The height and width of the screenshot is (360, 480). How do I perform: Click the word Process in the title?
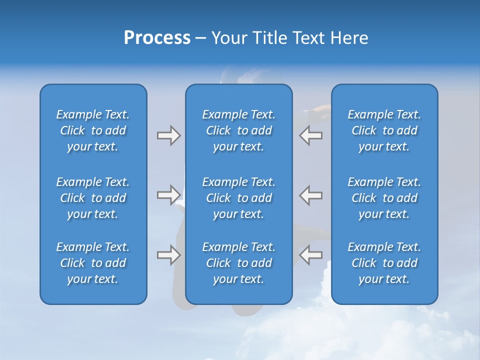pyautogui.click(x=157, y=38)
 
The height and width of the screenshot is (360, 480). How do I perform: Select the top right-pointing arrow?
pyautogui.click(x=168, y=135)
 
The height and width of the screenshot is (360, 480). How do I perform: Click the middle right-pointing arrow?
pyautogui.click(x=168, y=195)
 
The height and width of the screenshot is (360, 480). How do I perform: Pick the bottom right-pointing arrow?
pyautogui.click(x=168, y=255)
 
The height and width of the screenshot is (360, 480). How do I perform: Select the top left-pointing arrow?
pyautogui.click(x=311, y=135)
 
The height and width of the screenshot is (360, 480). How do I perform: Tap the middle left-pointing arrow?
pyautogui.click(x=311, y=195)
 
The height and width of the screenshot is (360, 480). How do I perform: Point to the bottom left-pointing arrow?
pyautogui.click(x=311, y=255)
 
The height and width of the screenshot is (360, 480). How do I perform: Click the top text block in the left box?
pyautogui.click(x=93, y=130)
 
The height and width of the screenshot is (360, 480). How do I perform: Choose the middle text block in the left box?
pyautogui.click(x=93, y=198)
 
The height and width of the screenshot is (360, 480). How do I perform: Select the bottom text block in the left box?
pyautogui.click(x=93, y=263)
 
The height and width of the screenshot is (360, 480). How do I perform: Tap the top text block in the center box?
pyautogui.click(x=238, y=130)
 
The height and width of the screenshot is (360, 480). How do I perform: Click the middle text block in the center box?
pyautogui.click(x=238, y=198)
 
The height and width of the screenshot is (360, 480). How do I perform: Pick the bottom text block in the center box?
pyautogui.click(x=238, y=263)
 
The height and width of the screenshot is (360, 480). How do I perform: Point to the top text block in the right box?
pyautogui.click(x=384, y=130)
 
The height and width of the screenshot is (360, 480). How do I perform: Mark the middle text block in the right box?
pyautogui.click(x=384, y=198)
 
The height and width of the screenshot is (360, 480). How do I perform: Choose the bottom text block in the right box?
pyautogui.click(x=384, y=263)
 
